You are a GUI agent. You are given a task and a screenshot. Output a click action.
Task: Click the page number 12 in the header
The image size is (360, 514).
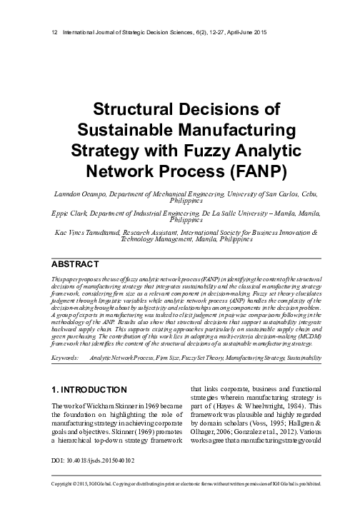click(47, 34)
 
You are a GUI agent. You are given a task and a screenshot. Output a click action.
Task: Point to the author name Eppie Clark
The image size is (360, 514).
click(61, 213)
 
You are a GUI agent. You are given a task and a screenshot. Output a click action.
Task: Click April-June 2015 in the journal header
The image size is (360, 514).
click(214, 34)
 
